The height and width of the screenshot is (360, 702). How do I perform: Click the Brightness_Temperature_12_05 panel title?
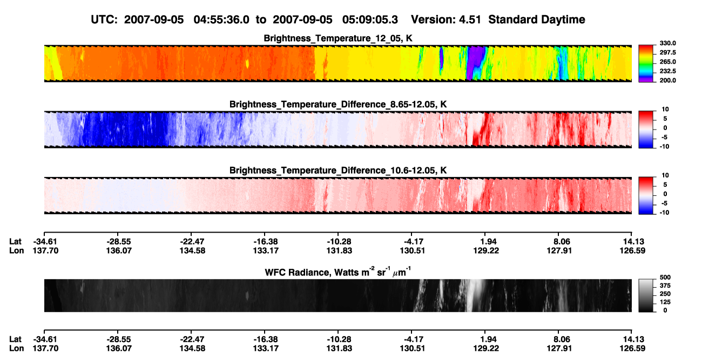coord(338,38)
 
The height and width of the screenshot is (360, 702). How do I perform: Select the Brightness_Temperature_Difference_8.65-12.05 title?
coord(338,104)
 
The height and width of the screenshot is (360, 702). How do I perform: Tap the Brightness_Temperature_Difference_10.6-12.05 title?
coord(338,171)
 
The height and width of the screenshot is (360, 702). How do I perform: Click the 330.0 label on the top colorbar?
coord(667,43)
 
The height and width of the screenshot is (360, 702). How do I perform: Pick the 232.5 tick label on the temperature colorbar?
coord(667,71)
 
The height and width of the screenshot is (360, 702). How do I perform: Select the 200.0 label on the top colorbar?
coord(667,80)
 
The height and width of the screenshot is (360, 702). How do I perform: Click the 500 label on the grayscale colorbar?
coord(665,277)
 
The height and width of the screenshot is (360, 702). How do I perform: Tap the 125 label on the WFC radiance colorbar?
coord(665,302)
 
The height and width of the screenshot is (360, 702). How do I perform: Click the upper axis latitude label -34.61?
coord(45,242)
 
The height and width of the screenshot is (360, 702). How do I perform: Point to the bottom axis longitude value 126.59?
coord(632,349)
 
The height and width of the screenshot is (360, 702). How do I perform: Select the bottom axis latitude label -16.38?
coord(266,339)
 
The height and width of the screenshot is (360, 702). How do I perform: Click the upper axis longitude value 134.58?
coord(192,250)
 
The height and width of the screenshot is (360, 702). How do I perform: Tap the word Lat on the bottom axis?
coord(15,339)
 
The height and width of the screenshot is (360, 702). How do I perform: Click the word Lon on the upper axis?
coord(16,250)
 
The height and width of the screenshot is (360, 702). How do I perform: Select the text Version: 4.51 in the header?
coord(446,19)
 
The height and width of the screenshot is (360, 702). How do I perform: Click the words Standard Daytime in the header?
coord(537,20)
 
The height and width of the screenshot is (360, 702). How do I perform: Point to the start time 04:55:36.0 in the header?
coord(221,19)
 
